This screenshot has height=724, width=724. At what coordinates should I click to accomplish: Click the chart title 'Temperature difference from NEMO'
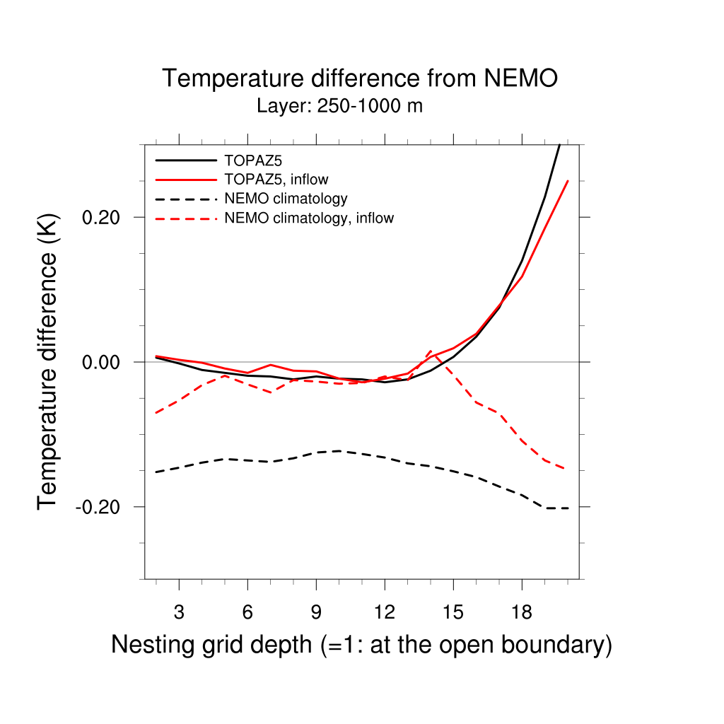tap(360, 78)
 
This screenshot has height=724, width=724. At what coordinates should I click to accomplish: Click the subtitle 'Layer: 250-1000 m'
tap(339, 107)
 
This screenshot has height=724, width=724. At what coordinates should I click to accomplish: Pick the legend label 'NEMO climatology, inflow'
tap(309, 218)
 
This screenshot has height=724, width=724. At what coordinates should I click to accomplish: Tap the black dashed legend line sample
tap(185, 199)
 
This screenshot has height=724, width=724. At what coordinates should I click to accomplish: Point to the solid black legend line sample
tap(185, 160)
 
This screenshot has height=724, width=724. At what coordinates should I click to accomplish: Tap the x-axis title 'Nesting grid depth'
tap(361, 645)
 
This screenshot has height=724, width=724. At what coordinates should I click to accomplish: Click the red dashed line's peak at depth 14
tap(430, 351)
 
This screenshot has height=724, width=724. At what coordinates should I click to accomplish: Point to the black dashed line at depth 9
tap(316, 452)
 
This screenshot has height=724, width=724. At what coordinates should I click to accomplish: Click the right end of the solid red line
tap(568, 182)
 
